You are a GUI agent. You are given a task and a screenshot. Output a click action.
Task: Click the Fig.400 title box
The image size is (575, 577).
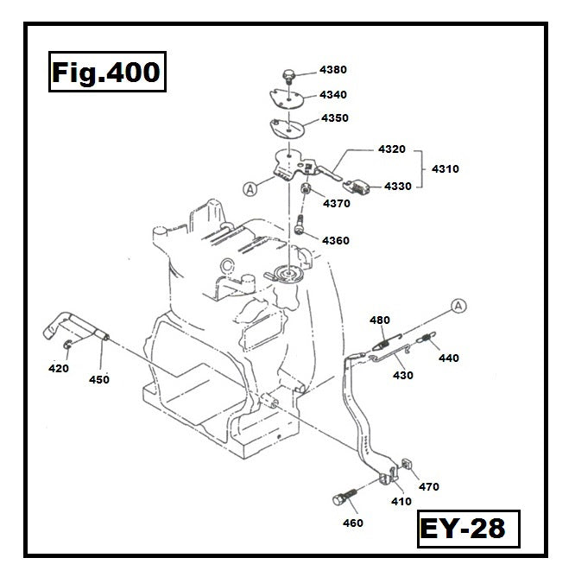click(x=105, y=72)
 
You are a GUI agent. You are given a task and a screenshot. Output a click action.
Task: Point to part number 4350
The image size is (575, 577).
click(x=335, y=117)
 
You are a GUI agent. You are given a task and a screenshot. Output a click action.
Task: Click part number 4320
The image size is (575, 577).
click(x=392, y=149)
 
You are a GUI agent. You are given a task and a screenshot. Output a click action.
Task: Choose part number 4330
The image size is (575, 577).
click(x=398, y=186)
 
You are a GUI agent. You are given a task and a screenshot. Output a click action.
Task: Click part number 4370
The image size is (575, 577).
click(x=337, y=204)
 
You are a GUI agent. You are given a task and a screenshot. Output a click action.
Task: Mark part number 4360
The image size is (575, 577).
click(x=336, y=240)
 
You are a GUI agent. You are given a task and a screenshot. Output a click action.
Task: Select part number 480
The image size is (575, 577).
click(x=380, y=320)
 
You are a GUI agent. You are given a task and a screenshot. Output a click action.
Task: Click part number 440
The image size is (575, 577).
click(x=449, y=358)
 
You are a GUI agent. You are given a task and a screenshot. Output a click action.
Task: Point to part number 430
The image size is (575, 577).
click(x=402, y=375)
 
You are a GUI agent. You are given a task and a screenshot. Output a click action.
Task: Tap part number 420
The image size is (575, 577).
click(x=58, y=369)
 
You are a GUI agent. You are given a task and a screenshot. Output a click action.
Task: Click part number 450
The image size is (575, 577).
click(x=99, y=378)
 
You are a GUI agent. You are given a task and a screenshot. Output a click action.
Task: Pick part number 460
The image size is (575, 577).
click(x=352, y=523)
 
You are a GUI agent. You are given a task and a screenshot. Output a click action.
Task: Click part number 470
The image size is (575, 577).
click(x=428, y=487)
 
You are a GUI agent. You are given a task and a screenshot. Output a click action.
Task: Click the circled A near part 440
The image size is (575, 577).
click(x=458, y=304)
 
